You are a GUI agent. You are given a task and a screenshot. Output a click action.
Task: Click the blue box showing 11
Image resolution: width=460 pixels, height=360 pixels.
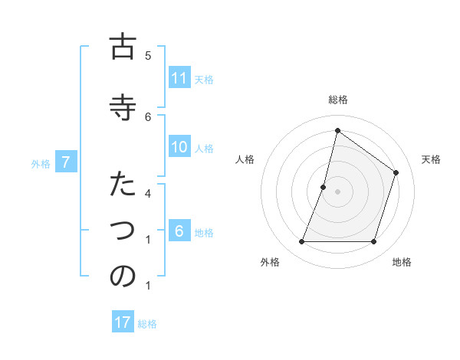coord(179,78)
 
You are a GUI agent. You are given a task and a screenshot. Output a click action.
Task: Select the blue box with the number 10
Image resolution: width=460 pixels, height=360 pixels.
coord(179,147)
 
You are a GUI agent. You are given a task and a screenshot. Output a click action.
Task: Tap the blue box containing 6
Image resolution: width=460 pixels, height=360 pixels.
coord(179,232)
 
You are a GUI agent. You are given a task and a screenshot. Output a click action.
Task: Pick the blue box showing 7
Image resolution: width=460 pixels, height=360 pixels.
coord(67,162)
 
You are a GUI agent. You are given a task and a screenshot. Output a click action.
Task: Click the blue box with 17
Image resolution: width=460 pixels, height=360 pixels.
coord(123,322)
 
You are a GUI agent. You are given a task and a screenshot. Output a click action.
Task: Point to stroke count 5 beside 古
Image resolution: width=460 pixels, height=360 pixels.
coord(148,55)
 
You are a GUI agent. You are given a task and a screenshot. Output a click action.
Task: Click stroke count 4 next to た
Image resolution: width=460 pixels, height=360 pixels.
coord(148,193)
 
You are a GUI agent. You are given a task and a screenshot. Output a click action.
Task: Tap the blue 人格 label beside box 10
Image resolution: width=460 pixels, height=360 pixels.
coord(204,148)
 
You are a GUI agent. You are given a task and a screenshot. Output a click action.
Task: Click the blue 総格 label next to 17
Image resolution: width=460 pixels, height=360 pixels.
coord(147,323)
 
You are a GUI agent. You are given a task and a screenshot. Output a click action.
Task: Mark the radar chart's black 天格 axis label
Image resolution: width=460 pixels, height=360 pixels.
coord(431,159)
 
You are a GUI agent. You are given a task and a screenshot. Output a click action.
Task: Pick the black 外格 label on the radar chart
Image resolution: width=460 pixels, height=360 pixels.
coord(270,262)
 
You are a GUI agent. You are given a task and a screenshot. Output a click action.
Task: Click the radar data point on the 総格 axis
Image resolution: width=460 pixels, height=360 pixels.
coord(337,131)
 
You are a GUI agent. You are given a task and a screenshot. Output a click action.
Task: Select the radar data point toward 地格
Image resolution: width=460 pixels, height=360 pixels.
coord(373,242)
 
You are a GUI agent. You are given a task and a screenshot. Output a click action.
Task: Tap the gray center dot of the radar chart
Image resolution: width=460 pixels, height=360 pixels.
coord(337,191)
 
